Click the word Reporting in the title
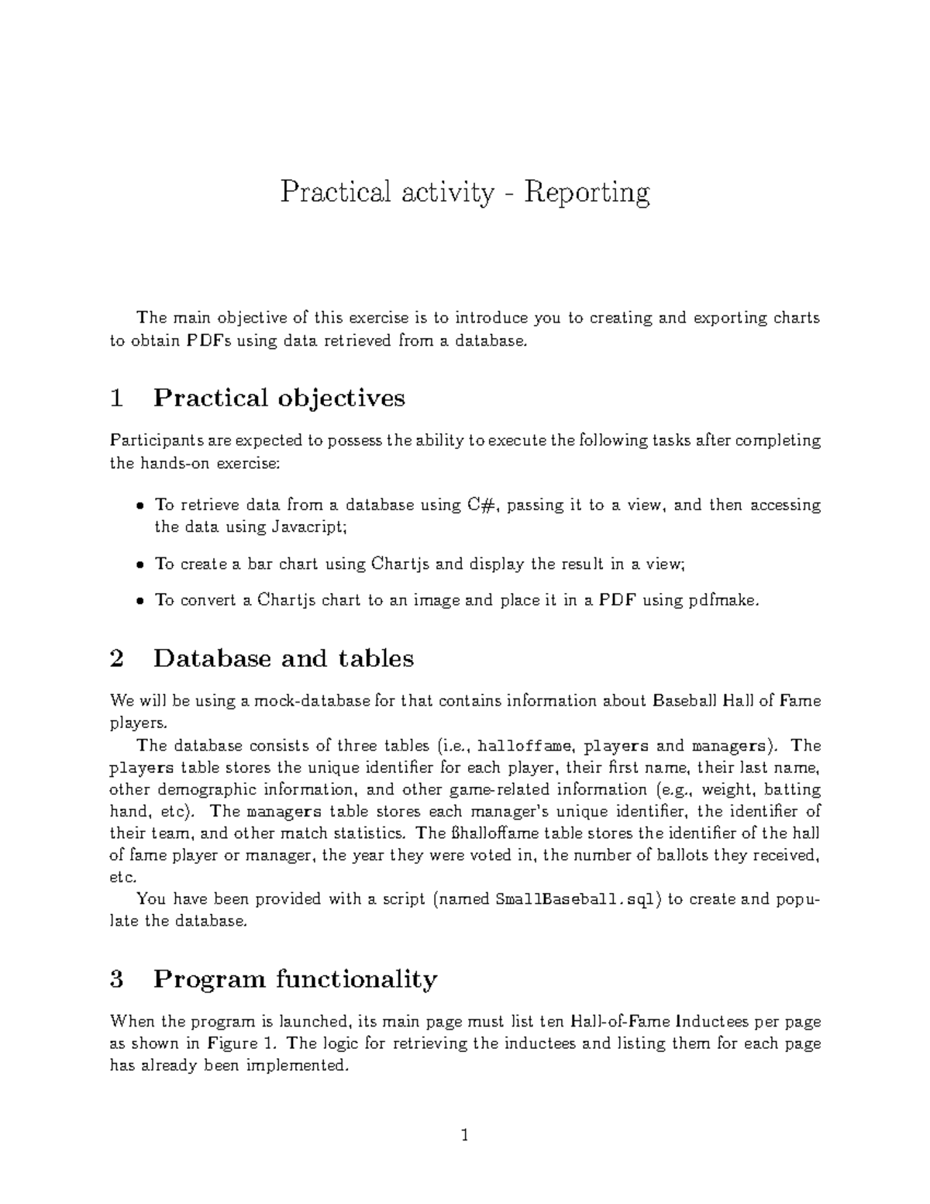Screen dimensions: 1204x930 tap(587, 193)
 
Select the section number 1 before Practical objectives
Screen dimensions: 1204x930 tap(117, 398)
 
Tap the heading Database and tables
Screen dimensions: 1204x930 tap(283, 658)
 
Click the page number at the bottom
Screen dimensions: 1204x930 tap(465, 1136)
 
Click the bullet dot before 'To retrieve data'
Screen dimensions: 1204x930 tap(139, 505)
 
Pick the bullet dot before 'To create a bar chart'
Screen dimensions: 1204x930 tap(139, 564)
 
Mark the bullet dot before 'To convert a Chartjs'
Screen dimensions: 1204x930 tap(139, 600)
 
